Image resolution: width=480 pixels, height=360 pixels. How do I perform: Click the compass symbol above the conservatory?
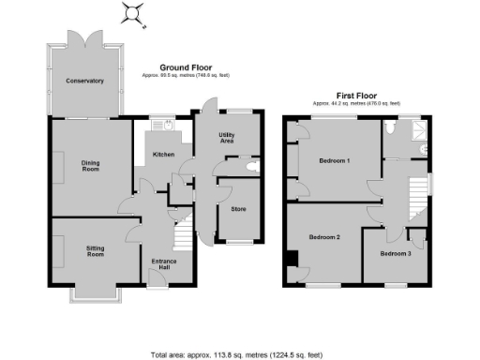(133, 12)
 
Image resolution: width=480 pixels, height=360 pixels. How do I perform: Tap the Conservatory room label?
(84, 81)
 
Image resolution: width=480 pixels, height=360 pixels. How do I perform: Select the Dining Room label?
(90, 166)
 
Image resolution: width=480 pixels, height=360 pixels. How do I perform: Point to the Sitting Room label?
(95, 250)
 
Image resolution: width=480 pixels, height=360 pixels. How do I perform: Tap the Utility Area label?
(226, 138)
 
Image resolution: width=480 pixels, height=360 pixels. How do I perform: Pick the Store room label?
(238, 207)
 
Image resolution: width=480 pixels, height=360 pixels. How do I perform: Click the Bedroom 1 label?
(335, 160)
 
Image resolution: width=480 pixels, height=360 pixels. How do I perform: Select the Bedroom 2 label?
(324, 237)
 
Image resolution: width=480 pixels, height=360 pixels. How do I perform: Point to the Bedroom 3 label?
(396, 253)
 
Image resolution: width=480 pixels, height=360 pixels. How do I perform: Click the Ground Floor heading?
(185, 67)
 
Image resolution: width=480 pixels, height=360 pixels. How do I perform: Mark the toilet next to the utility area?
(247, 167)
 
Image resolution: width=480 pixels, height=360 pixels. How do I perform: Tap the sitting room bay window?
(96, 293)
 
